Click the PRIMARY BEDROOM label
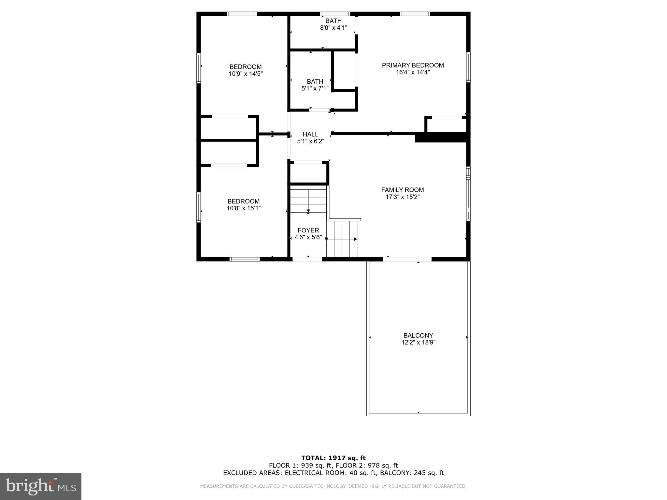[413, 65]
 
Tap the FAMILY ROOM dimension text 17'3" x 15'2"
[403, 197]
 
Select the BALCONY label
[418, 335]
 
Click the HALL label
[310, 134]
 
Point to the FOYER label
[308, 230]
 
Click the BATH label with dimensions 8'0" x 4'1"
[333, 21]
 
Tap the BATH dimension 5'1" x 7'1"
[315, 88]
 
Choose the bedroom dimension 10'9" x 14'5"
[246, 74]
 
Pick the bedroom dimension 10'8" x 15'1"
[244, 208]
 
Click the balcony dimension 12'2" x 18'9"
[418, 342]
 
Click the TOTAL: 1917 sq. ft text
[333, 458]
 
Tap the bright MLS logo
[41, 486]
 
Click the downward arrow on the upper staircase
[308, 211]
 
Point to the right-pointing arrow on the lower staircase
[355, 239]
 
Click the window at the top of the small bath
[335, 14]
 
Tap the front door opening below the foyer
[307, 259]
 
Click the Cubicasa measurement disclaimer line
[333, 486]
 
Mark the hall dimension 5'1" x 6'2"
[310, 141]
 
